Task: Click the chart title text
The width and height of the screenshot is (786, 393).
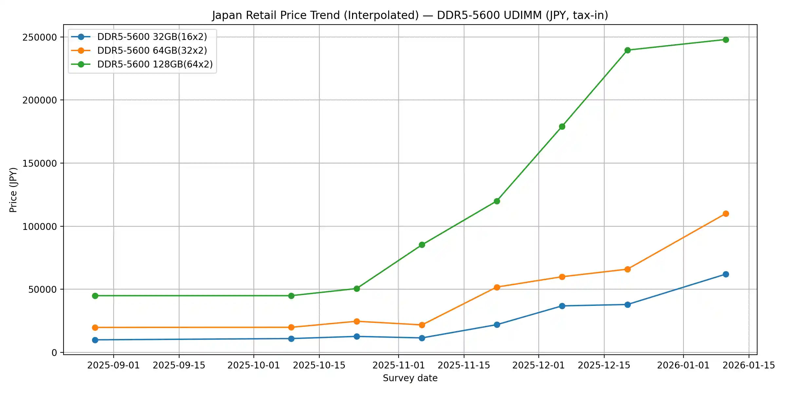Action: [x=410, y=15]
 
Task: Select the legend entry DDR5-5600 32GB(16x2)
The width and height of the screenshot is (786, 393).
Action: [x=152, y=37]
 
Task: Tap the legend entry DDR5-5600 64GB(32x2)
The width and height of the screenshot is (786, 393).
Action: [x=152, y=50]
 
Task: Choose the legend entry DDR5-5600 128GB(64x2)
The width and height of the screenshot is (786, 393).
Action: [x=155, y=64]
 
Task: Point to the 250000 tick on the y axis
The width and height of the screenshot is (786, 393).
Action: [x=40, y=37]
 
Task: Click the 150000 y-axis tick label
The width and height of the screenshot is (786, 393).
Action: [x=40, y=163]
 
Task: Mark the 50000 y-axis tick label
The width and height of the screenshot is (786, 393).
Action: [x=43, y=290]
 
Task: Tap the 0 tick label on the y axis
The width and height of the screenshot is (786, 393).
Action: [x=54, y=353]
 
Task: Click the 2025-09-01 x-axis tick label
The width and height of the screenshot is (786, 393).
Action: [x=113, y=365]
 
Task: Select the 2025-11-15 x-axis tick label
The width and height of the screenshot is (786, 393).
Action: [x=464, y=365]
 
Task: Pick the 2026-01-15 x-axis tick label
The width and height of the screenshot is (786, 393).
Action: [x=749, y=365]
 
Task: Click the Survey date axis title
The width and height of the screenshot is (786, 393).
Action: [x=410, y=378]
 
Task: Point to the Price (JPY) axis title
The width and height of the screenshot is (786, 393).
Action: [x=13, y=190]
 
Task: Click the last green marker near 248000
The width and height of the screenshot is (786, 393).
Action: [x=726, y=40]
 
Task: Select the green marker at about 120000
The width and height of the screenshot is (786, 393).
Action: [x=497, y=201]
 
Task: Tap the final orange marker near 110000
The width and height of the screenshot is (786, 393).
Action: [x=726, y=214]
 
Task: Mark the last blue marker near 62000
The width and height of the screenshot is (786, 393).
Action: [x=726, y=274]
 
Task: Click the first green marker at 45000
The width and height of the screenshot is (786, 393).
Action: [x=95, y=296]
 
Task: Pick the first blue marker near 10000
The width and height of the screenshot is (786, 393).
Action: [x=95, y=340]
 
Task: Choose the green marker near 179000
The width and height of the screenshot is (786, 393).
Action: [x=562, y=126]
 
